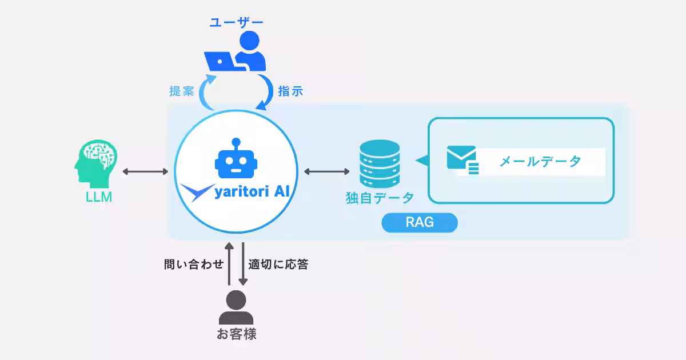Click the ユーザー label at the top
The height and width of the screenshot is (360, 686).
[x=236, y=22]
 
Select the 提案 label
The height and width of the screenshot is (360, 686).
[x=182, y=91]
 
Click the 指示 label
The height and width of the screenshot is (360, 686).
[x=290, y=91]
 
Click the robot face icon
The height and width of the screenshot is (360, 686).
[x=235, y=158]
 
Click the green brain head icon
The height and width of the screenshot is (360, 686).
[x=96, y=164]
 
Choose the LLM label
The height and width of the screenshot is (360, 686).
[x=95, y=198]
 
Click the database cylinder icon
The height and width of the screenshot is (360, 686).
[x=380, y=164]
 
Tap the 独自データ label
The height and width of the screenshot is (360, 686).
[x=380, y=198]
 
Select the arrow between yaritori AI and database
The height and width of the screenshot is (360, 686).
[x=327, y=171]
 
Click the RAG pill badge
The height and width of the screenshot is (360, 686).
[x=420, y=223]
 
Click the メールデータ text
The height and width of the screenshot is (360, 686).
[x=540, y=162]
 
